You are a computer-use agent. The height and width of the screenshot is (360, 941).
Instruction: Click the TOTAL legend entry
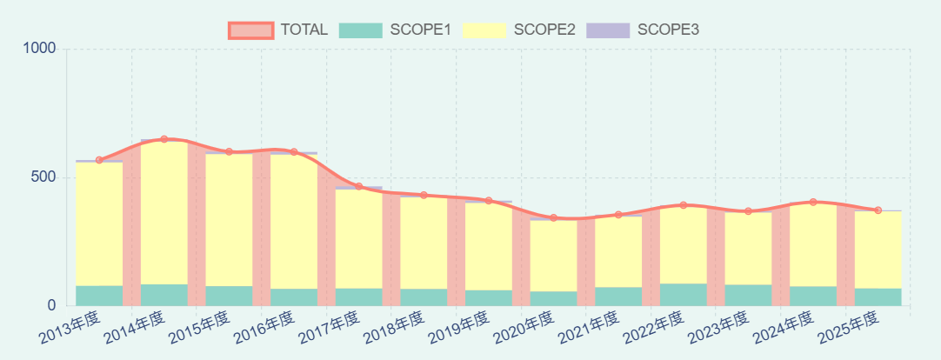(x=278, y=30)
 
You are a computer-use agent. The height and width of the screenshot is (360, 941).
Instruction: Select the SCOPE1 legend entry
(x=396, y=30)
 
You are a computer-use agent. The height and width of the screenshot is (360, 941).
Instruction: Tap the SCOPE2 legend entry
(x=519, y=30)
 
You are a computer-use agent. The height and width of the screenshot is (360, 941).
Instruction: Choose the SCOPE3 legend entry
(x=644, y=30)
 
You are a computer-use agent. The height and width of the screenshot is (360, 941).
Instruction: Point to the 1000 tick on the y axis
(x=40, y=50)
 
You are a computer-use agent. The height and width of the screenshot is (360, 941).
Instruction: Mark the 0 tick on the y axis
(x=51, y=306)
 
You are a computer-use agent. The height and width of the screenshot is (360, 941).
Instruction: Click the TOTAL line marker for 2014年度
(x=164, y=139)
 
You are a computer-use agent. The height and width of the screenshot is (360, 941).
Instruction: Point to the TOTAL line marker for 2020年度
(x=553, y=217)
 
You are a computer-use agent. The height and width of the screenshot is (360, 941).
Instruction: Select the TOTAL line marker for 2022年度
(x=684, y=205)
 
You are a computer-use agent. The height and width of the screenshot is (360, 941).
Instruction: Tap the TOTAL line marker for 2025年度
(x=878, y=210)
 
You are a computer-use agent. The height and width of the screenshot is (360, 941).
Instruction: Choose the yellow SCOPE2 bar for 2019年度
(x=489, y=246)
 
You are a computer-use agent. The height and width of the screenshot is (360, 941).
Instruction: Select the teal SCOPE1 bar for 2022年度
(x=684, y=295)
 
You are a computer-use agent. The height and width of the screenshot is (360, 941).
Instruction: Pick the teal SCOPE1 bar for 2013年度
(x=99, y=296)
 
